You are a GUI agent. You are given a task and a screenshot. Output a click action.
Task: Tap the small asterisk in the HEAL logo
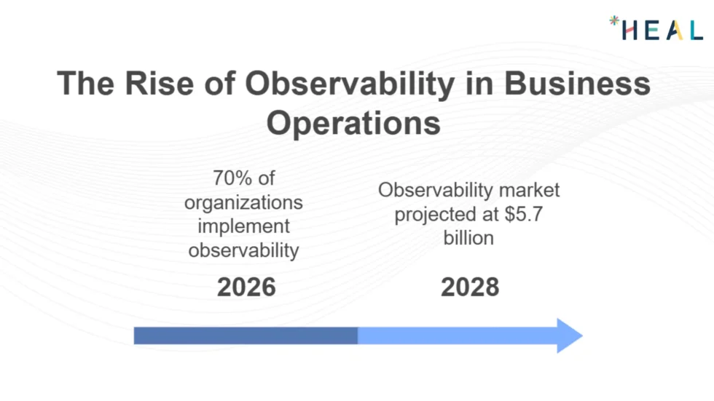tap(613, 21)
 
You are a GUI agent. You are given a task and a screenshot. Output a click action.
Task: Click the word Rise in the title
tap(152, 84)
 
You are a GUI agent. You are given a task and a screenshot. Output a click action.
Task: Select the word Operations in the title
tap(353, 123)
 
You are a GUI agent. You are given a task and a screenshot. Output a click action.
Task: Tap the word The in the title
tap(84, 84)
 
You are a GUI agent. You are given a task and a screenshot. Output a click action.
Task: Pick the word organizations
tap(243, 202)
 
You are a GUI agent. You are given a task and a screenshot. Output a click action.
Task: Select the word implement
tap(243, 226)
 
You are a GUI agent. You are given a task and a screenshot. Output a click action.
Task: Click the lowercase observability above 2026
tap(243, 250)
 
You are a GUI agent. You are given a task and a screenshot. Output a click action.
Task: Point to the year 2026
tap(246, 287)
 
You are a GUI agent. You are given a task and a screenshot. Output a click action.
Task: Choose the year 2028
tap(470, 287)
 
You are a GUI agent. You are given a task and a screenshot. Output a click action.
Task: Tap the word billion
tap(468, 238)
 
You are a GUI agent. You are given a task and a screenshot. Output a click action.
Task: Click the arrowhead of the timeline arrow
tap(568, 336)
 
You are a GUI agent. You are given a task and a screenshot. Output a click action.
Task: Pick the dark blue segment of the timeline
tap(246, 336)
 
